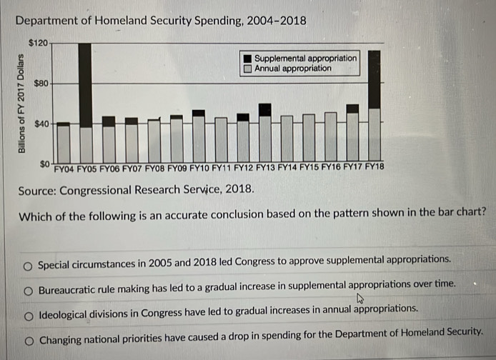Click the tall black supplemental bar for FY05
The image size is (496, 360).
coord(86,84)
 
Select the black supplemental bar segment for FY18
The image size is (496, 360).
coord(374,79)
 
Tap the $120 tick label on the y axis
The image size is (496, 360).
coord(39,43)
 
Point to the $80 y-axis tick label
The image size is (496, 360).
coord(41,84)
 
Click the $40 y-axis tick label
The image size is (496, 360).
coord(41,124)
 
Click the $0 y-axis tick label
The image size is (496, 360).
coord(44,164)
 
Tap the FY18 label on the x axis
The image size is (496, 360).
coord(374,171)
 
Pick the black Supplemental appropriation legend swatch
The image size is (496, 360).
coord(247,58)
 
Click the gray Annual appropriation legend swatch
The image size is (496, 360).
coord(247,69)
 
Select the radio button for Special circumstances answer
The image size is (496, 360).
coord(26,265)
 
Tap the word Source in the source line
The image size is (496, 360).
coord(36,191)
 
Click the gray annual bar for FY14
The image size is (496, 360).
coord(287,139)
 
